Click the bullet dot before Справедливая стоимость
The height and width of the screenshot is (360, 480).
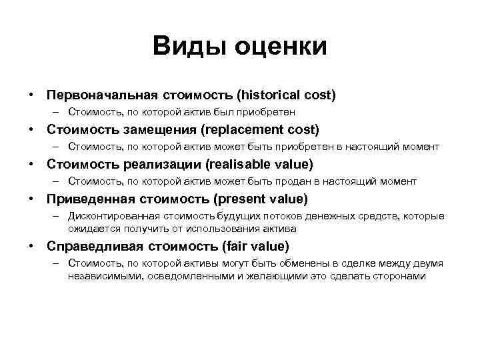(31, 246)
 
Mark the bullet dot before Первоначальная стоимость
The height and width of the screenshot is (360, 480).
(31, 95)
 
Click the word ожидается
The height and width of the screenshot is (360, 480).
(90, 228)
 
